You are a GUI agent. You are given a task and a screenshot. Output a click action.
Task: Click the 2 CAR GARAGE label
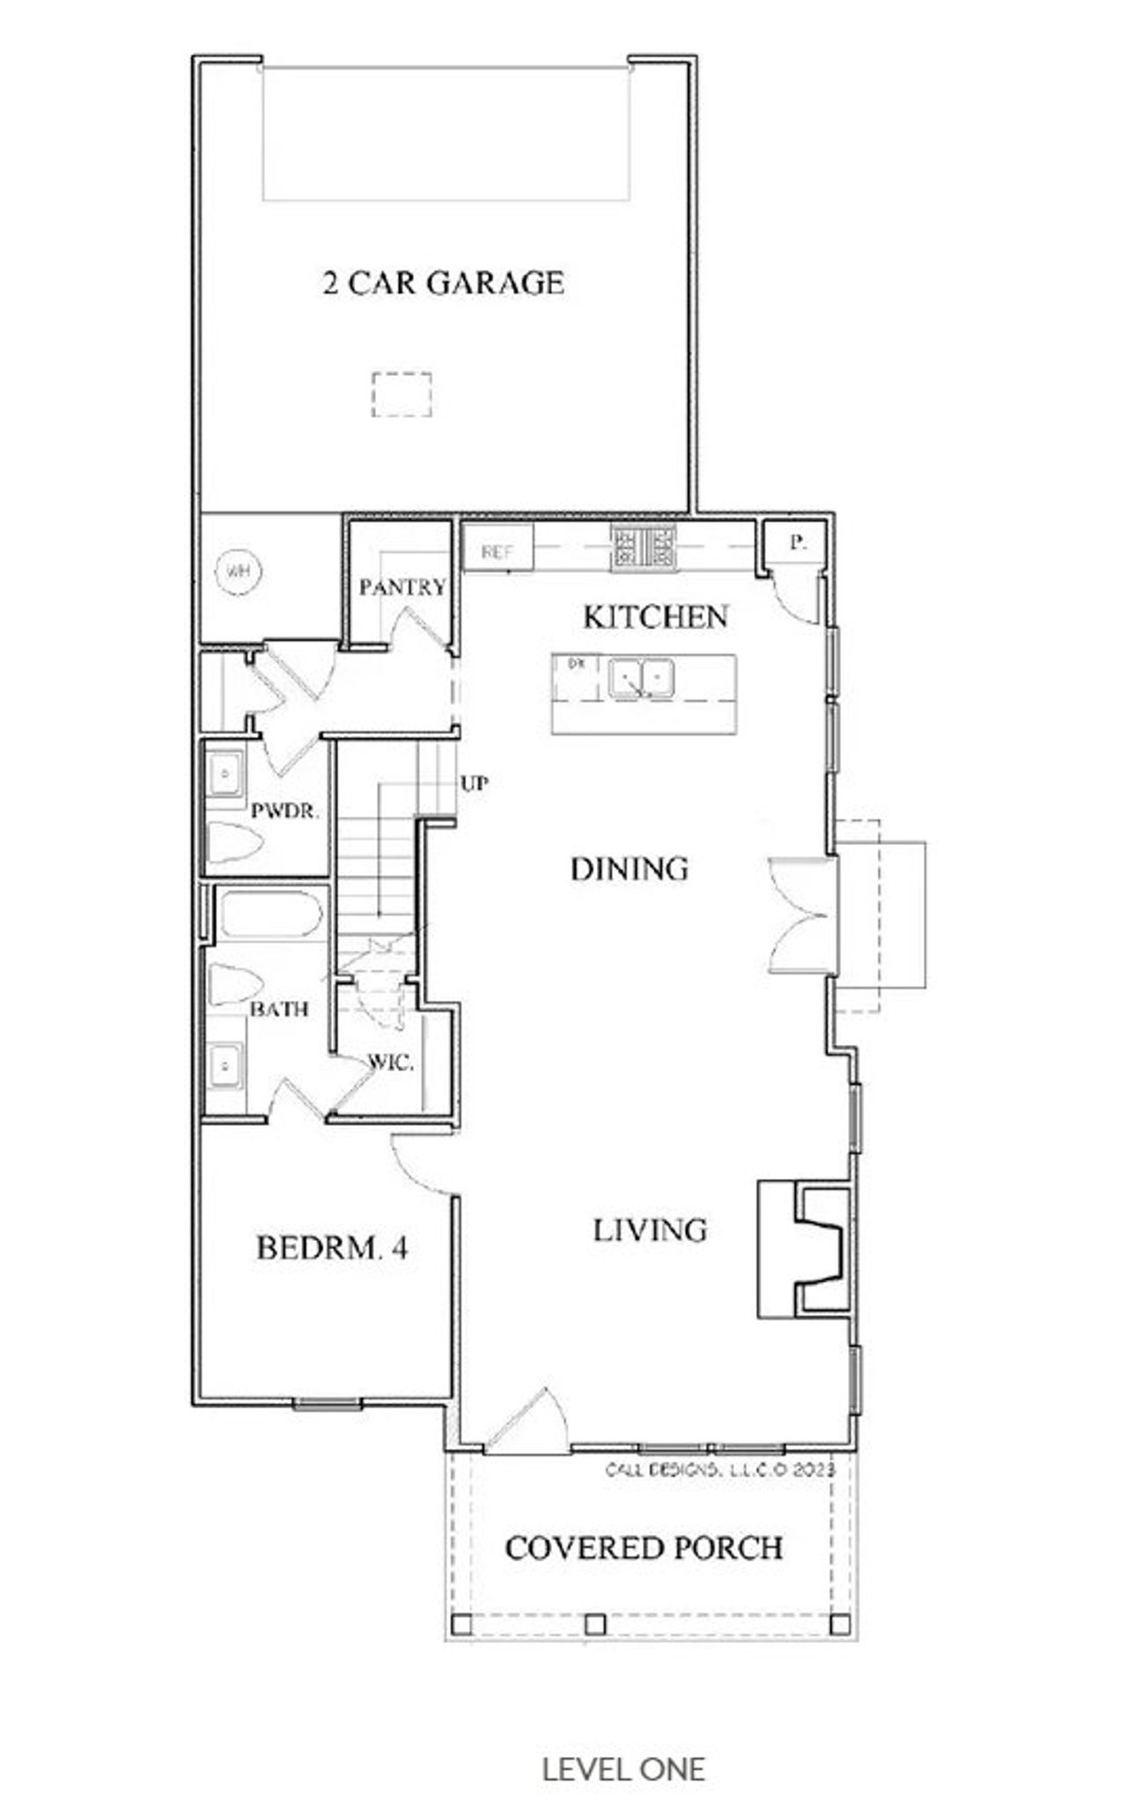click(x=443, y=283)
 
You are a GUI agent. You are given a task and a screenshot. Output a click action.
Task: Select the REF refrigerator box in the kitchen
click(x=498, y=550)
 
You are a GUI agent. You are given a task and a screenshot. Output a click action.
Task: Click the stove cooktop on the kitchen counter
click(x=645, y=547)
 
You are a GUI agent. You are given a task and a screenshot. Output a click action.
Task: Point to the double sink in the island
click(x=641, y=679)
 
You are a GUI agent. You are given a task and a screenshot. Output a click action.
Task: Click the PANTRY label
click(x=402, y=587)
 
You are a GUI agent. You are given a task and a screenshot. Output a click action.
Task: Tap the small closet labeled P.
click(x=796, y=542)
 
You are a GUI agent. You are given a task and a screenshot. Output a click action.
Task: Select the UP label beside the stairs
click(x=474, y=783)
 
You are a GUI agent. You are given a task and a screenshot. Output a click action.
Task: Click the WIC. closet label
click(x=390, y=1063)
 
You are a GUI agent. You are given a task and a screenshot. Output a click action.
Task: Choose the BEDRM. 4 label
click(x=332, y=1248)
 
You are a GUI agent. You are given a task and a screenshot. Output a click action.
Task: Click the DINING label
click(x=629, y=870)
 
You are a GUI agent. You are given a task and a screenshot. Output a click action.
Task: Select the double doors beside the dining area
click(x=801, y=915)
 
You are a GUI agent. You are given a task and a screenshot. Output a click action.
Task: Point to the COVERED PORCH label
click(x=644, y=1548)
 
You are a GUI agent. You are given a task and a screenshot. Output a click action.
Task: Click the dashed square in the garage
click(x=401, y=394)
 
